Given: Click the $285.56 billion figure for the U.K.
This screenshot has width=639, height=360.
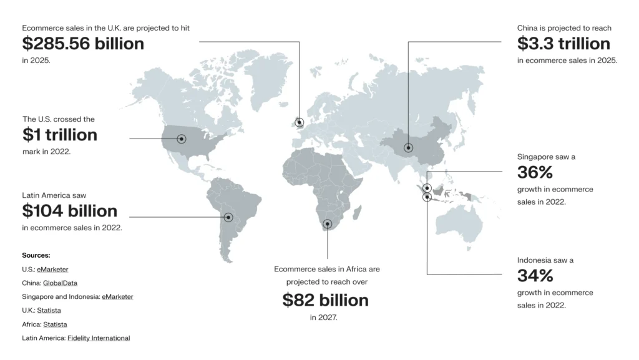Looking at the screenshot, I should point(83,44).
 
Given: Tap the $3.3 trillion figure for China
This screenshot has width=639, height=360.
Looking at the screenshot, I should point(563,44).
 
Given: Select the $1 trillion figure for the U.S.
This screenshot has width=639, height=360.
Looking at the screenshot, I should point(60,135).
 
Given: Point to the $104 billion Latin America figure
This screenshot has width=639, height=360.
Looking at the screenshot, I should point(70,211).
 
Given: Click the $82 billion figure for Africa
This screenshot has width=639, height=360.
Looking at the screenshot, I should point(325,300).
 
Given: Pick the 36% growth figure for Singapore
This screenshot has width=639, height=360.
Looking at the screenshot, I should point(535,172).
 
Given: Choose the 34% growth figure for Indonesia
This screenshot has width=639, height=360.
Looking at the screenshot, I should point(535,275).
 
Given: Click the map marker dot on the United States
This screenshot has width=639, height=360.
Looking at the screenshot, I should point(182,139).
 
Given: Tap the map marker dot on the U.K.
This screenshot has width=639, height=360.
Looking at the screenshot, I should point(300,122).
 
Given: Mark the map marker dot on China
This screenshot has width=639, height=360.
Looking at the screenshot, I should point(408,148).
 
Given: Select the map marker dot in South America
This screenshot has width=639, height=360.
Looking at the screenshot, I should point(228,218).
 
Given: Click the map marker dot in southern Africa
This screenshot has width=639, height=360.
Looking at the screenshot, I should point(328,223).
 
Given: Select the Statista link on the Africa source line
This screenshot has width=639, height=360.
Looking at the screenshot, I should point(55,324).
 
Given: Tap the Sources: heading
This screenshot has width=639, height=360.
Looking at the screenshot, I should point(36,255).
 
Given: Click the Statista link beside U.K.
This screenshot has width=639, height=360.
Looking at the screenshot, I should point(49,311).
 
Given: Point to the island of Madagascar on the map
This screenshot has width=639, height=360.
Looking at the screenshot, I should point(357,213).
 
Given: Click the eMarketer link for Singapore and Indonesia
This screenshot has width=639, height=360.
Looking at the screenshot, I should point(117,297).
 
